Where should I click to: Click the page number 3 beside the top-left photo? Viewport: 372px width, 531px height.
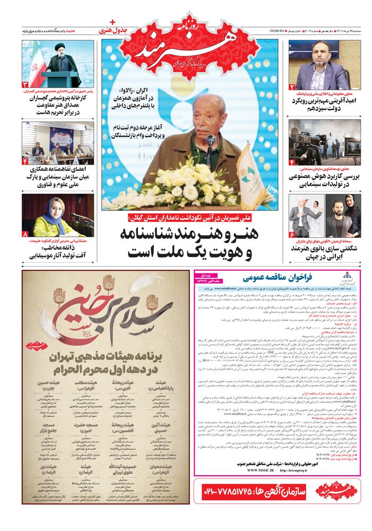pyautogui.click(x=25, y=84)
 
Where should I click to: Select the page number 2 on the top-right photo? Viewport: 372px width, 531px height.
pyautogui.click(x=292, y=87)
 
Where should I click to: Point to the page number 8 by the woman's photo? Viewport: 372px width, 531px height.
pyautogui.click(x=25, y=234)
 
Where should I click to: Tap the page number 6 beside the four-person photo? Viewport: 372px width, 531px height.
pyautogui.click(x=292, y=234)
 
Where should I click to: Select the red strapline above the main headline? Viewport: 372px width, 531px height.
pyautogui.click(x=188, y=217)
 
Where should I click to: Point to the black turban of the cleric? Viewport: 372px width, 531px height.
pyautogui.click(x=60, y=47)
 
